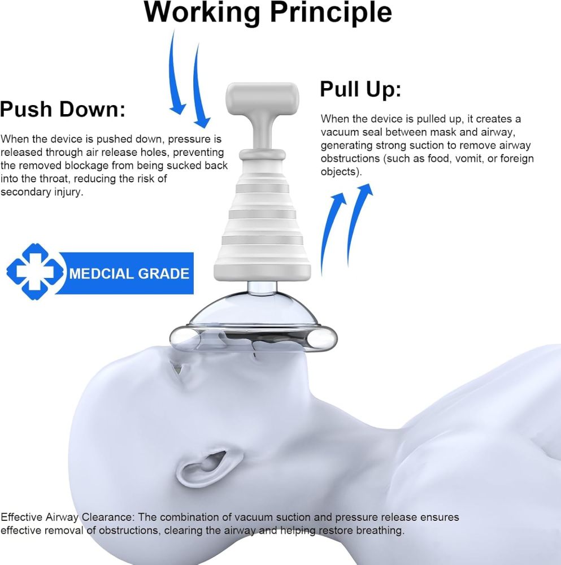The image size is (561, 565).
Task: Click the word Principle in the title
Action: click(x=330, y=13)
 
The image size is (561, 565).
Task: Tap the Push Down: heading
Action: click(x=63, y=109)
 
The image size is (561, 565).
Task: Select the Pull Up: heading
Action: click(x=360, y=89)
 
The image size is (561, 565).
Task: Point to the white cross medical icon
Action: click(x=35, y=272)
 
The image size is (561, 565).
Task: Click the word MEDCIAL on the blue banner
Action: click(x=101, y=274)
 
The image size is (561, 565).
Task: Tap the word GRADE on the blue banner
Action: click(x=164, y=274)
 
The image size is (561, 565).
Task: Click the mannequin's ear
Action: click(x=203, y=467)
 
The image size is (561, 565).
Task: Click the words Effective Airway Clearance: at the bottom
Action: click(x=68, y=517)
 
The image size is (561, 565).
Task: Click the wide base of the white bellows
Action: click(x=262, y=272)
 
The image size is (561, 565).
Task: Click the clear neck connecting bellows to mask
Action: click(x=262, y=287)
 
